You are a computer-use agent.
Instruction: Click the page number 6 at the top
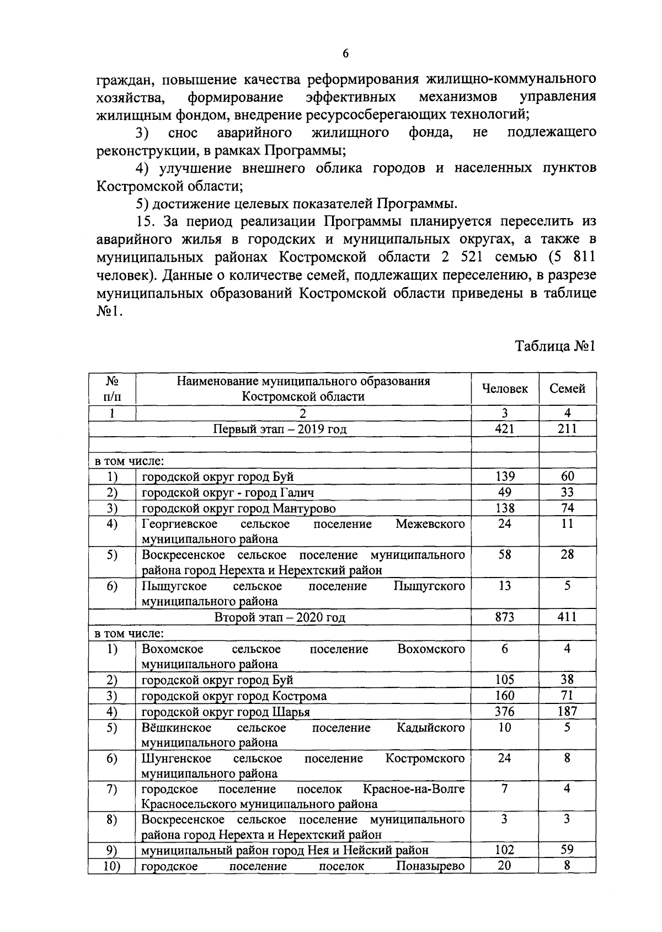pyautogui.click(x=345, y=53)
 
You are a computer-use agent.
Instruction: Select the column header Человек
pyautogui.click(x=505, y=389)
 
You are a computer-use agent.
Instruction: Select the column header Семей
pyautogui.click(x=567, y=389)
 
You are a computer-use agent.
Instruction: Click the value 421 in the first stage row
pyautogui.click(x=504, y=429)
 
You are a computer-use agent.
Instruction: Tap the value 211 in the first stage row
pyautogui.click(x=567, y=429)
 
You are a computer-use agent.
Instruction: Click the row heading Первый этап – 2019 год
pyautogui.click(x=280, y=430)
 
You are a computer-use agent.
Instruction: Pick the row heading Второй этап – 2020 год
pyautogui.click(x=280, y=617)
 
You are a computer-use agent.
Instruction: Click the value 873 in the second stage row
pyautogui.click(x=504, y=617)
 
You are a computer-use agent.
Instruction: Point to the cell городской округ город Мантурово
pyautogui.click(x=238, y=508)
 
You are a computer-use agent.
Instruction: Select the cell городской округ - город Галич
pyautogui.click(x=228, y=493)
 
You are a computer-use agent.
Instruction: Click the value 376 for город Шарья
pyautogui.click(x=504, y=711)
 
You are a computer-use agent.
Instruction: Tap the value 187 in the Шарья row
pyautogui.click(x=567, y=711)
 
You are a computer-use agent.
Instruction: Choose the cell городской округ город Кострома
pyautogui.click(x=234, y=696)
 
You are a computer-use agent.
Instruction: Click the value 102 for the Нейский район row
pyautogui.click(x=504, y=850)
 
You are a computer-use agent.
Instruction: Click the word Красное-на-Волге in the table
pyautogui.click(x=414, y=789)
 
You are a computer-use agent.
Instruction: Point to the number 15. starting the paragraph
pyautogui.click(x=146, y=221)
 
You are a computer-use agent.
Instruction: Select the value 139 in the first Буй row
pyautogui.click(x=504, y=476)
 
